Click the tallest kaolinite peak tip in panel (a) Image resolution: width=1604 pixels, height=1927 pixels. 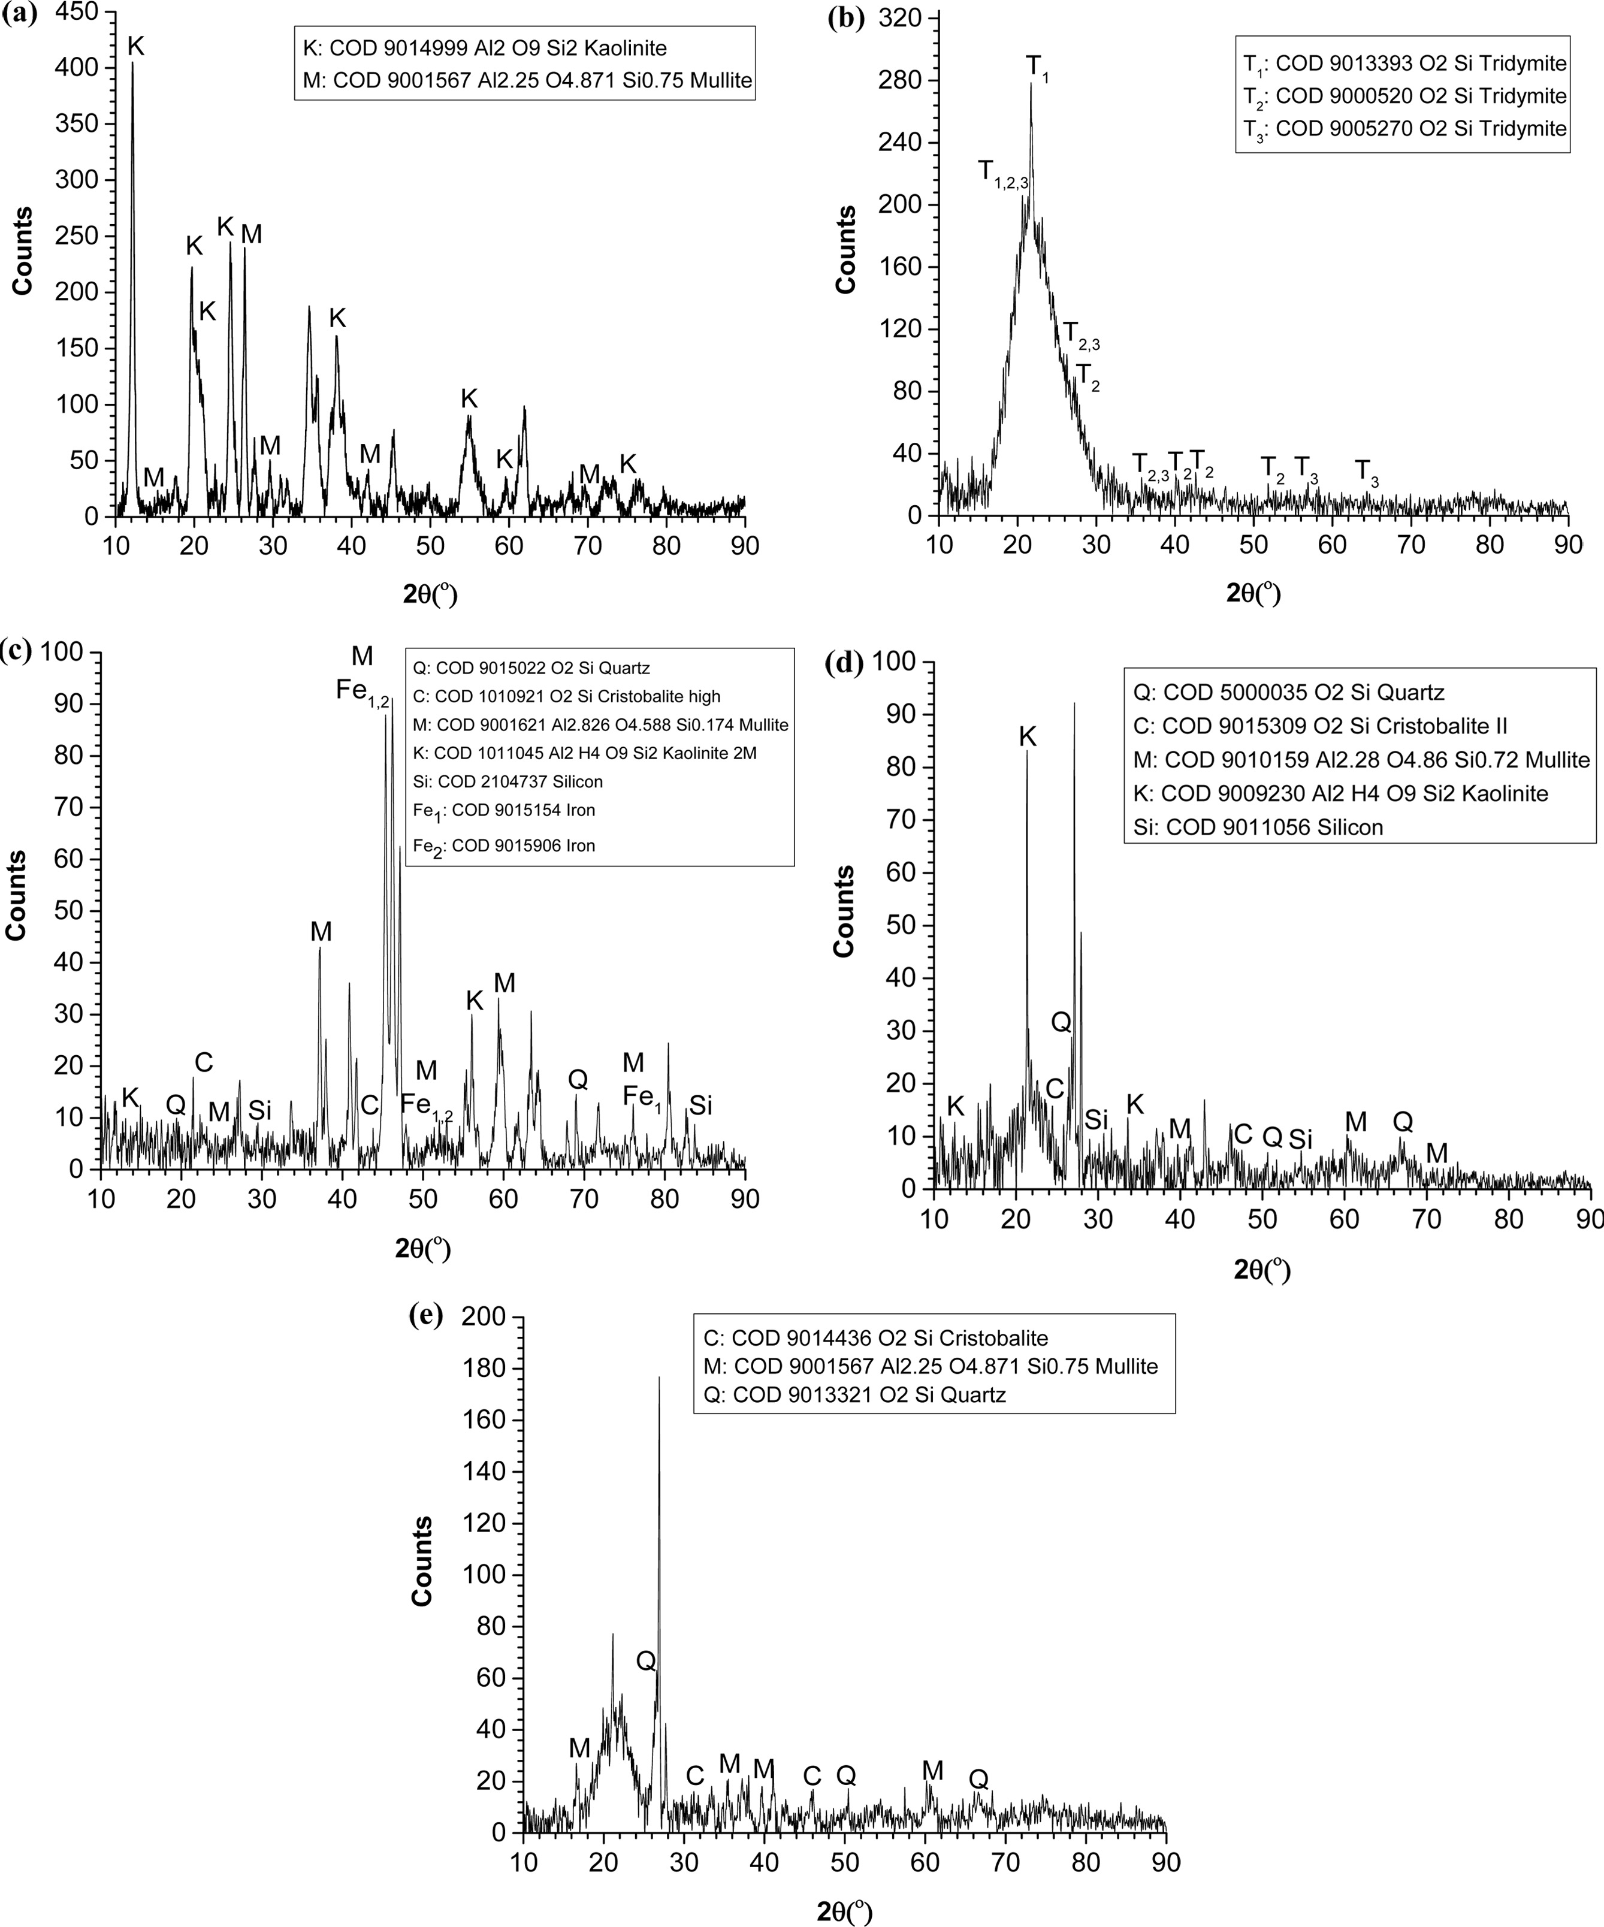point(132,64)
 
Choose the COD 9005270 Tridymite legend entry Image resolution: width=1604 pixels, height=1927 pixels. point(1404,128)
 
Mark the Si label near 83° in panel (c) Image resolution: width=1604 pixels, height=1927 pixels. point(700,1106)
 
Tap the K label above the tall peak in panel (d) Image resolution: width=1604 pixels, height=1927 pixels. point(1027,737)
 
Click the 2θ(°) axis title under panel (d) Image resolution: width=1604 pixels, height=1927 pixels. point(1262,1269)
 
